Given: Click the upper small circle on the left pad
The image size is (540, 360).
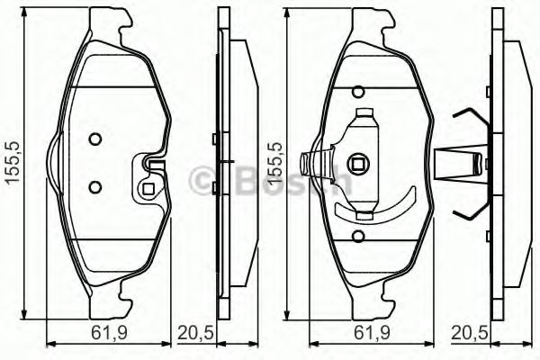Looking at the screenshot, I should pyautogui.click(x=94, y=140).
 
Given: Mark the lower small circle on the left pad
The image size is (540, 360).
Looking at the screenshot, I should pyautogui.click(x=94, y=186).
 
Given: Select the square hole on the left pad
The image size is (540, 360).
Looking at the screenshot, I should pyautogui.click(x=149, y=189).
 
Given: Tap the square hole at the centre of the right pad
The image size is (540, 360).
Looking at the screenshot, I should pyautogui.click(x=359, y=165).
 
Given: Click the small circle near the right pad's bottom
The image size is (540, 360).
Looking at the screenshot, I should pyautogui.click(x=358, y=238).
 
